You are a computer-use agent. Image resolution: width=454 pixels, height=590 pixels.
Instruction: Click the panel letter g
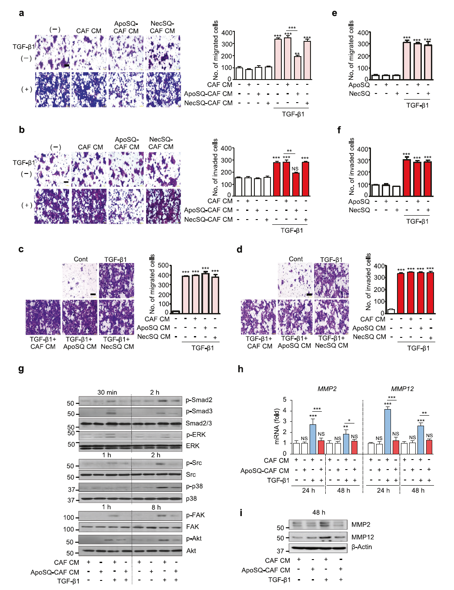click(x=21, y=369)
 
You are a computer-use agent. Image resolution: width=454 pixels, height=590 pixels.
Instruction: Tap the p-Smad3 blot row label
click(x=199, y=411)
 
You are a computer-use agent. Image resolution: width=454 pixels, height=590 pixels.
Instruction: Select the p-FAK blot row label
click(x=195, y=515)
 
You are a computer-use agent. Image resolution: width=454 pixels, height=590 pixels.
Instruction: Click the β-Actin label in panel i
click(x=361, y=547)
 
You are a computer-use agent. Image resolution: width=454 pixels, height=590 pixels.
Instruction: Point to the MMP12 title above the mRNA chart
click(x=402, y=389)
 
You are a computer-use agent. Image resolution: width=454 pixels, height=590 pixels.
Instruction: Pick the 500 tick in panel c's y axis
click(x=163, y=265)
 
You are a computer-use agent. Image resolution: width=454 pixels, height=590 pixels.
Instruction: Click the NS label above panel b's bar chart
click(x=295, y=169)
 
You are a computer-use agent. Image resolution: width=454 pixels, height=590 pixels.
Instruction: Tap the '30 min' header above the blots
click(x=107, y=392)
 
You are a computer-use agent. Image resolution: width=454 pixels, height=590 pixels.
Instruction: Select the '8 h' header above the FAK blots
click(x=156, y=507)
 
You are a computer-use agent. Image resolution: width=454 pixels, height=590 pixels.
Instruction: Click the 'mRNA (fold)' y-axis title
click(x=277, y=427)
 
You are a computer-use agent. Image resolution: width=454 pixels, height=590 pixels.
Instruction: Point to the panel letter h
click(x=240, y=369)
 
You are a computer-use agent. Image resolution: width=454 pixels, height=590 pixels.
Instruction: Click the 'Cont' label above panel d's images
click(x=296, y=259)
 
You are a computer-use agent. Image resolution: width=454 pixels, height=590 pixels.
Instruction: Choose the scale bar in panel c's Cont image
click(x=93, y=294)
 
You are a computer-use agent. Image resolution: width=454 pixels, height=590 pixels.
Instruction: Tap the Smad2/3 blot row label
click(x=199, y=423)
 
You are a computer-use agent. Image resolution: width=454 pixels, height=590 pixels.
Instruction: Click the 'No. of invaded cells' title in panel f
click(x=351, y=166)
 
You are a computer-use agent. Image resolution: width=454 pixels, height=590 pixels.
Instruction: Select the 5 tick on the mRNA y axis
click(x=284, y=400)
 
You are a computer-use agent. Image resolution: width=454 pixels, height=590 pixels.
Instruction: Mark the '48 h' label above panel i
click(x=319, y=512)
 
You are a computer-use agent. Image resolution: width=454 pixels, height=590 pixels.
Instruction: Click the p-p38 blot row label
click(x=194, y=486)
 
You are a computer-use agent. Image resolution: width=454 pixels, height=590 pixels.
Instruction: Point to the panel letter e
click(x=334, y=13)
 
